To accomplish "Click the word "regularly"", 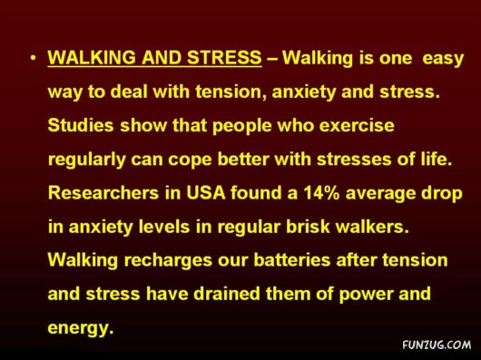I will (87, 160).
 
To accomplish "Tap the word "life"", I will (432, 159).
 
